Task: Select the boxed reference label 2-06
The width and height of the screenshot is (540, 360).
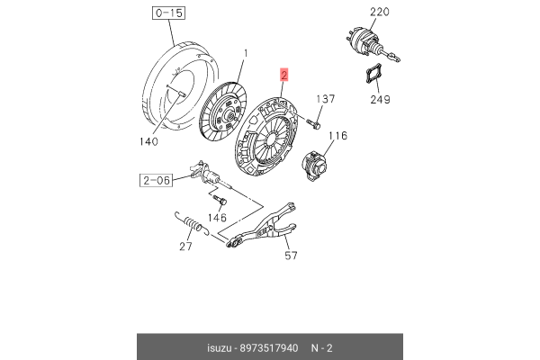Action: [156, 180]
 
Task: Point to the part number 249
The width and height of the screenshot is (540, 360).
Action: [381, 99]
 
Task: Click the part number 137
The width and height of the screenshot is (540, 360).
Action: [326, 98]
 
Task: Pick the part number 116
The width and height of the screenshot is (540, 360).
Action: [337, 137]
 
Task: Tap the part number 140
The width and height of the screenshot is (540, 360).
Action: [148, 141]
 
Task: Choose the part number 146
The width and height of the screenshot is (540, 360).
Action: [217, 218]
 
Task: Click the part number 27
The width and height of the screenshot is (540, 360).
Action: [186, 247]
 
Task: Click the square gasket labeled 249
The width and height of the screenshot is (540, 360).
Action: [377, 74]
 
